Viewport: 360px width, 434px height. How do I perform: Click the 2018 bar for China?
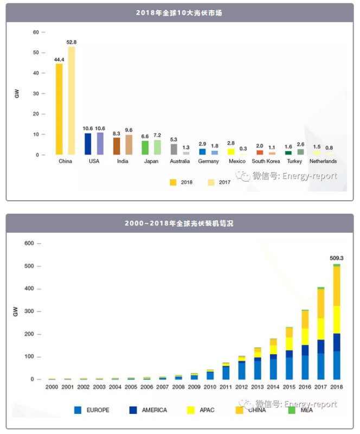[59, 109]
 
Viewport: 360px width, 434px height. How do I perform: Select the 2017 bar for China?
[71, 100]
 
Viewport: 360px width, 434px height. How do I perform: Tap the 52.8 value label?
[71, 42]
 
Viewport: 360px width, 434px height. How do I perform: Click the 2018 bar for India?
[117, 146]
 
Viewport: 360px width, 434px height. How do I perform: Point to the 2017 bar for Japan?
[157, 147]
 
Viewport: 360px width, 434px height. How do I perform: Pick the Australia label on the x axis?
[179, 161]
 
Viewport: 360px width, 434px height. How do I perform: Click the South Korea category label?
[266, 161]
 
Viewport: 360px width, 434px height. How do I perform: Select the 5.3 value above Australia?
[173, 139]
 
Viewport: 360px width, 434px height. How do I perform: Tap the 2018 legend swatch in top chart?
[173, 182]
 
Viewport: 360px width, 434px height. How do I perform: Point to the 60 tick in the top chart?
[35, 32]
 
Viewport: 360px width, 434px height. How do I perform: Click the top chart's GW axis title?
[17, 93]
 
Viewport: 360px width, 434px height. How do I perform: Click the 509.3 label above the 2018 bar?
[337, 258]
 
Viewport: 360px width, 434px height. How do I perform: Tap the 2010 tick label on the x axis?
[210, 387]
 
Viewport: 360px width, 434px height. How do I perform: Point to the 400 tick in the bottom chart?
[29, 289]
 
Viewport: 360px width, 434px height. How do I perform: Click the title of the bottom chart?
[179, 223]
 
